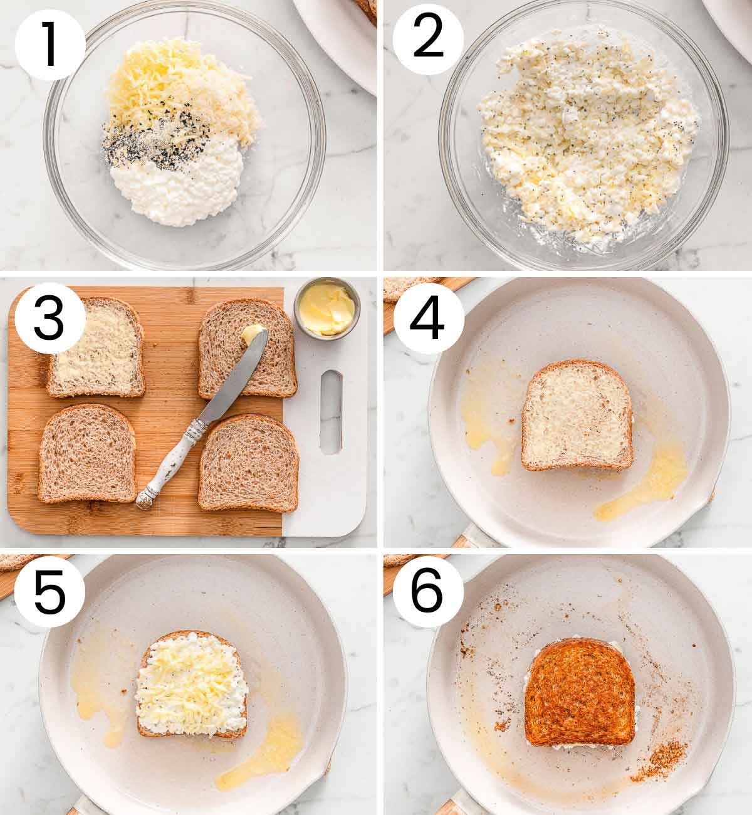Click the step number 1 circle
[50, 45]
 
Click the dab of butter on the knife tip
[252, 334]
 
